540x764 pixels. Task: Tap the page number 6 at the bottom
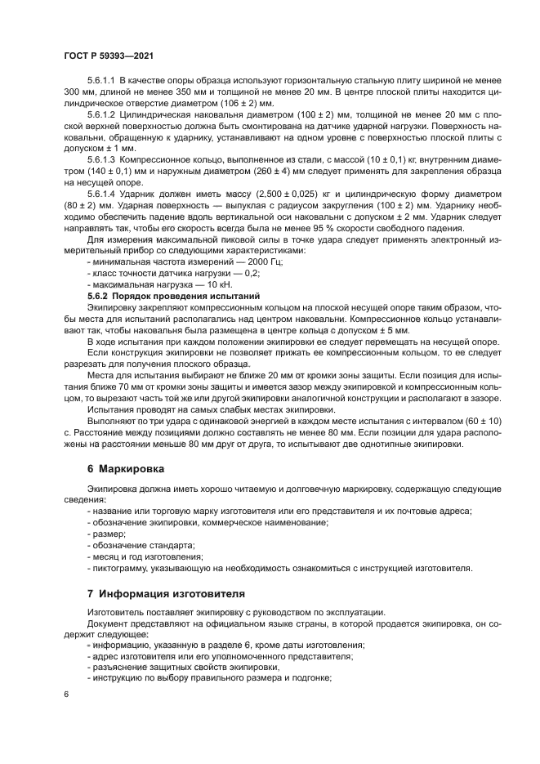(66, 692)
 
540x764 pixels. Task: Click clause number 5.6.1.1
(102, 82)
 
